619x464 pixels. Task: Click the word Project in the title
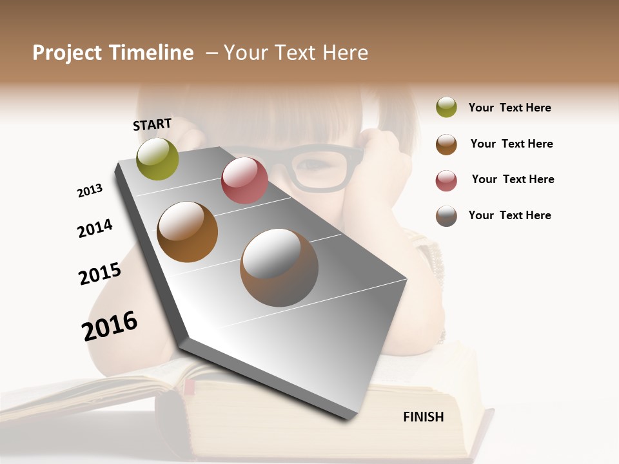tap(67, 53)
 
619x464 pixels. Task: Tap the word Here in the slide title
tap(345, 53)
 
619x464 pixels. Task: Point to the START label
tap(152, 124)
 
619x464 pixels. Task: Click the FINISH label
tap(424, 417)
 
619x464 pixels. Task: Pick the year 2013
tap(90, 191)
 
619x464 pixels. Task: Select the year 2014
tap(95, 228)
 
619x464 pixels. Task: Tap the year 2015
tap(100, 274)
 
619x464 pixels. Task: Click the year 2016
tap(110, 326)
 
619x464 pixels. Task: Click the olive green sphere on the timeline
tap(157, 159)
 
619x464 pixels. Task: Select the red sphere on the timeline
tap(244, 180)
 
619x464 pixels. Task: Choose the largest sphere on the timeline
tap(279, 267)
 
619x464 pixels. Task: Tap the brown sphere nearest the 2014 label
tap(187, 232)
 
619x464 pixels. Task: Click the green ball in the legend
tap(446, 107)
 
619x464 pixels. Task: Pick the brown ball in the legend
tap(446, 144)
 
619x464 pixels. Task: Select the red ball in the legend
tap(446, 180)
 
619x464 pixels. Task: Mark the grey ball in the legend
tap(446, 216)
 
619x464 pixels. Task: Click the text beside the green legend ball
tap(509, 108)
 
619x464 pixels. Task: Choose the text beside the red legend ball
tap(513, 179)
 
